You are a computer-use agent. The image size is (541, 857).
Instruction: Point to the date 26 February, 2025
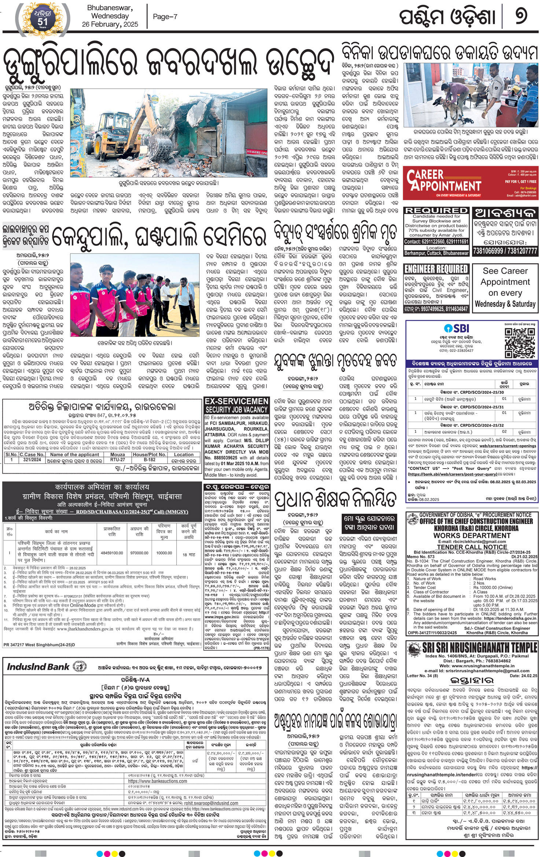pyautogui.click(x=110, y=25)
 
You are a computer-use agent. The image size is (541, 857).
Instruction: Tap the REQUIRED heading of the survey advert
pyautogui.click(x=436, y=211)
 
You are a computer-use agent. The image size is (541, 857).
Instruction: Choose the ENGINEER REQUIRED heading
pyautogui.click(x=436, y=269)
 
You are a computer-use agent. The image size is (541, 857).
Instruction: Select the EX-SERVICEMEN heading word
pyautogui.click(x=236, y=401)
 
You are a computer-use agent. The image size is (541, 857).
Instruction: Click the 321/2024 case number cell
pyautogui.click(x=32, y=459)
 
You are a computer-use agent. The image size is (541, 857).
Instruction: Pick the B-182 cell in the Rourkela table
pyautogui.click(x=150, y=459)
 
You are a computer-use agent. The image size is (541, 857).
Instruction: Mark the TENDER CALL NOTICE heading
pyautogui.click(x=472, y=547)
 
